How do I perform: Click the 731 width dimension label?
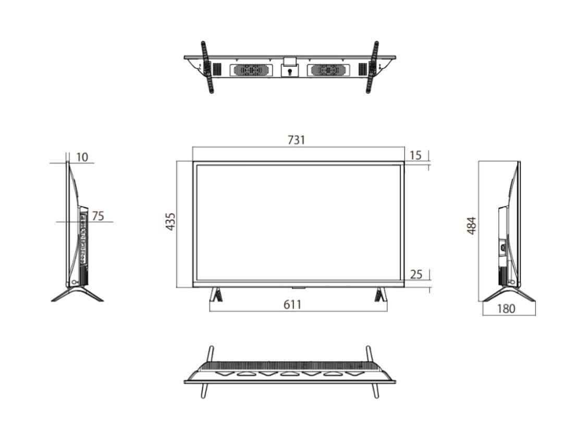coord(296,140)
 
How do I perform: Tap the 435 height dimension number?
coord(170,221)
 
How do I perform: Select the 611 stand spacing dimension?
coord(292,304)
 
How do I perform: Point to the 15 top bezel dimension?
coord(415,156)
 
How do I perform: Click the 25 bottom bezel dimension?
coord(416,275)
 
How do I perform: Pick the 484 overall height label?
coord(471,226)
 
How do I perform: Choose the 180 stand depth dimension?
coord(506,309)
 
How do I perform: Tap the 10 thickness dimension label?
coord(82,157)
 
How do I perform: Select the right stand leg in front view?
coord(380,294)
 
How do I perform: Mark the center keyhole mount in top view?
coord(290,72)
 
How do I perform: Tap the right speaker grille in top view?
coord(328,70)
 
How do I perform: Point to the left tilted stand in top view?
coord(207,67)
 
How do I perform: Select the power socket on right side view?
coord(503,248)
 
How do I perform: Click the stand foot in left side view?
coord(78,293)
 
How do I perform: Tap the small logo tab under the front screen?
coord(298,288)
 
